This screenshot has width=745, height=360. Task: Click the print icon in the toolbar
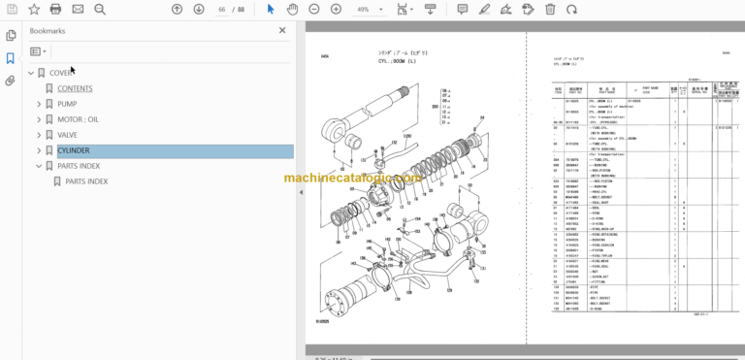point(55,9)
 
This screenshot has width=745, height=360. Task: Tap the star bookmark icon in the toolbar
point(33,9)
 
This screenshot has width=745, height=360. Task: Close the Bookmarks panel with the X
point(282,30)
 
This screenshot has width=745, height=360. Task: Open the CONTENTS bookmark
point(75,88)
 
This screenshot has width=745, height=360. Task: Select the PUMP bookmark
point(67,104)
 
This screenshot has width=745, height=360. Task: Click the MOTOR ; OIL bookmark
point(78,119)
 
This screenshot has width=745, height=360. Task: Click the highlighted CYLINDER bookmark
point(74,150)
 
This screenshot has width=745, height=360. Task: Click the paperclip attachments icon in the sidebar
point(10,81)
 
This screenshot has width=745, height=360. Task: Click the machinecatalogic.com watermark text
point(353,179)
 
